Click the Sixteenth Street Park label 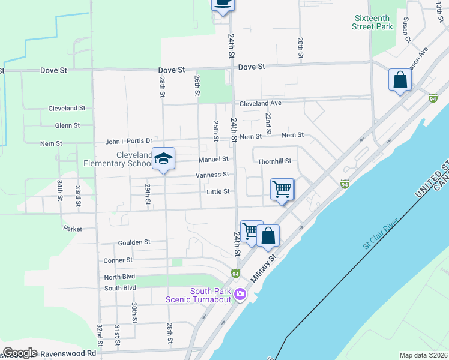point(373,22)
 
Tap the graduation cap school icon point(163,159)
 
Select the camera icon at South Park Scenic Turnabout point(240,294)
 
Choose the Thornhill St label point(274,161)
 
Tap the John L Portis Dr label point(129,142)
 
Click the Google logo point(20,353)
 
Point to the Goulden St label point(134,242)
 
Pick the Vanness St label point(212,175)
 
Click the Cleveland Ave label point(261,103)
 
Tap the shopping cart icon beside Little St point(282,190)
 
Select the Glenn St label point(67,125)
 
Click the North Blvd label point(120,277)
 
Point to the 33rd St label point(78,196)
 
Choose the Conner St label point(118,260)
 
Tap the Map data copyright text point(423,355)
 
